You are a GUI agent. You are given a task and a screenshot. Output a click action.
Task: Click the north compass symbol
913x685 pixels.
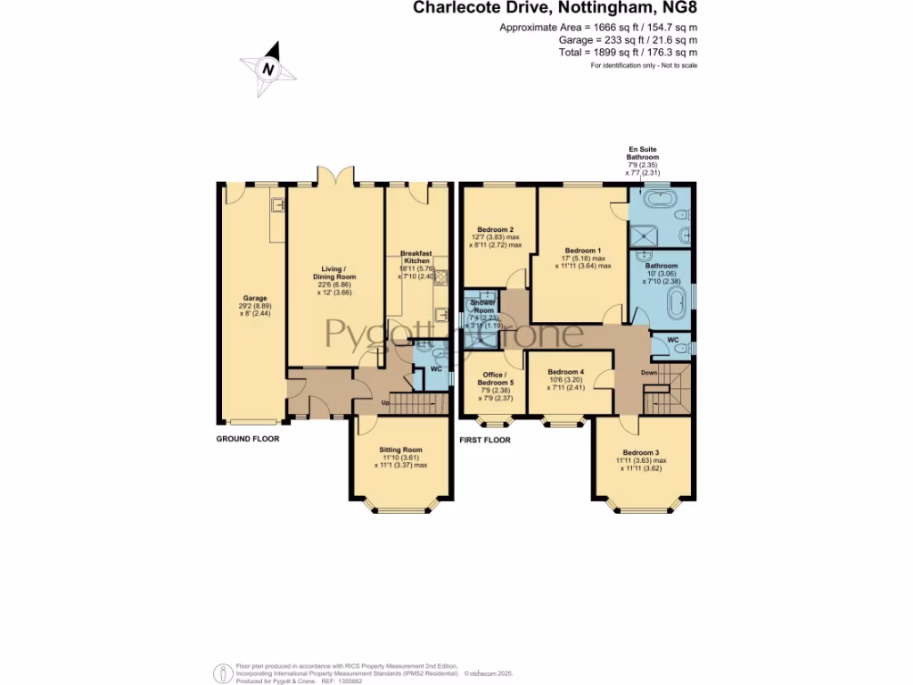[x=266, y=69]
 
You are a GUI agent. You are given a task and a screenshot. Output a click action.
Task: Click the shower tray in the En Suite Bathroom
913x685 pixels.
[x=643, y=235]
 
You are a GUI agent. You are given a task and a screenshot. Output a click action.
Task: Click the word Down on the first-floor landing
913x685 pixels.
[x=648, y=372]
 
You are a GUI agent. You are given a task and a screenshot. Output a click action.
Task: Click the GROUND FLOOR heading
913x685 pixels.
[x=248, y=440]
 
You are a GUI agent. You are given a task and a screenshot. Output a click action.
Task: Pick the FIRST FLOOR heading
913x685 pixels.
[x=485, y=440]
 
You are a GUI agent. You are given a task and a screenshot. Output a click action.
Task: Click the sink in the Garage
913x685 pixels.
[x=277, y=207]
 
